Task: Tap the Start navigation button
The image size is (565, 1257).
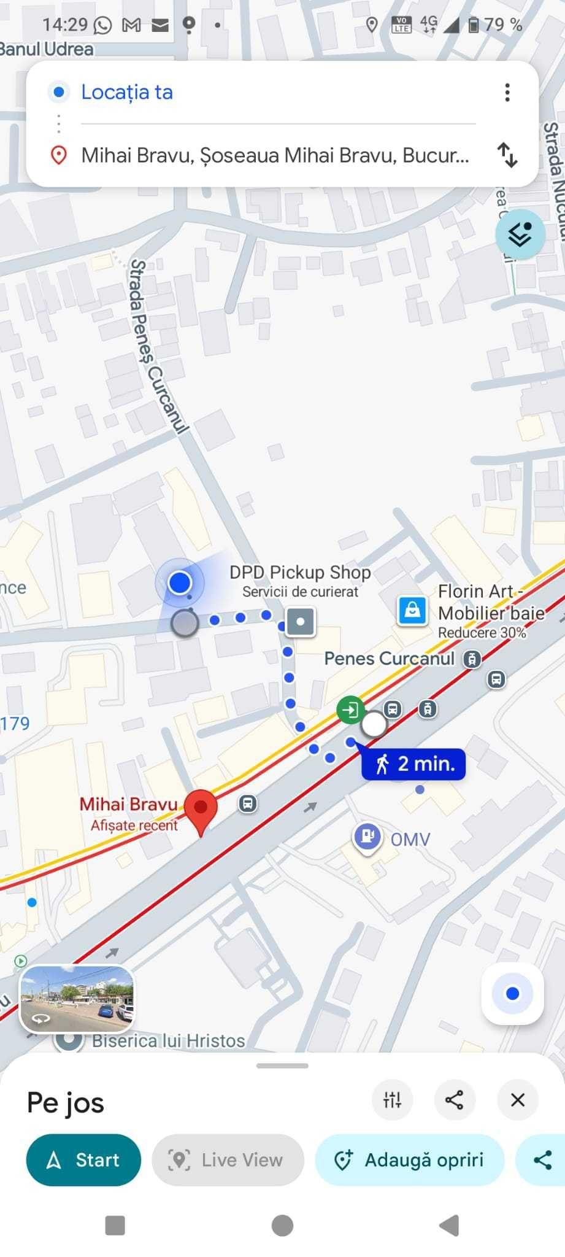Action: pyautogui.click(x=83, y=1159)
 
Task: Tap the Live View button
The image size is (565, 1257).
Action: pyautogui.click(x=228, y=1159)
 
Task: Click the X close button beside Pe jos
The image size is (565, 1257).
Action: pyautogui.click(x=517, y=1100)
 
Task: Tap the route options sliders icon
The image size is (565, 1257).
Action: pyautogui.click(x=392, y=1100)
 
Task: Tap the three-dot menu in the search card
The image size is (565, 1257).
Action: pyautogui.click(x=507, y=93)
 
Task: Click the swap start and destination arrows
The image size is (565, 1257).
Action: pyautogui.click(x=507, y=155)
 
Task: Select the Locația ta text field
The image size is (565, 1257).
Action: pyautogui.click(x=127, y=93)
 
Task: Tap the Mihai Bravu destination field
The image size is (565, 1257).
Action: pyautogui.click(x=274, y=155)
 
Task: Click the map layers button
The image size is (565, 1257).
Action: pyautogui.click(x=520, y=234)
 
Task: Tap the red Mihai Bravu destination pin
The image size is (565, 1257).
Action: pyautogui.click(x=201, y=809)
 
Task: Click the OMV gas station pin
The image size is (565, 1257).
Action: pyautogui.click(x=367, y=837)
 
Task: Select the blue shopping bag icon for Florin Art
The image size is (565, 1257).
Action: pyautogui.click(x=412, y=610)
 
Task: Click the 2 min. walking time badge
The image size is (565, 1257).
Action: pyautogui.click(x=413, y=764)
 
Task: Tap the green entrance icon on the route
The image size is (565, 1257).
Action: pyautogui.click(x=350, y=710)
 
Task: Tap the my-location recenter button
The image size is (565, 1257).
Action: pyautogui.click(x=512, y=993)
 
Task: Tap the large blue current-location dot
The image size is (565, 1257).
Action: pyautogui.click(x=180, y=582)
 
